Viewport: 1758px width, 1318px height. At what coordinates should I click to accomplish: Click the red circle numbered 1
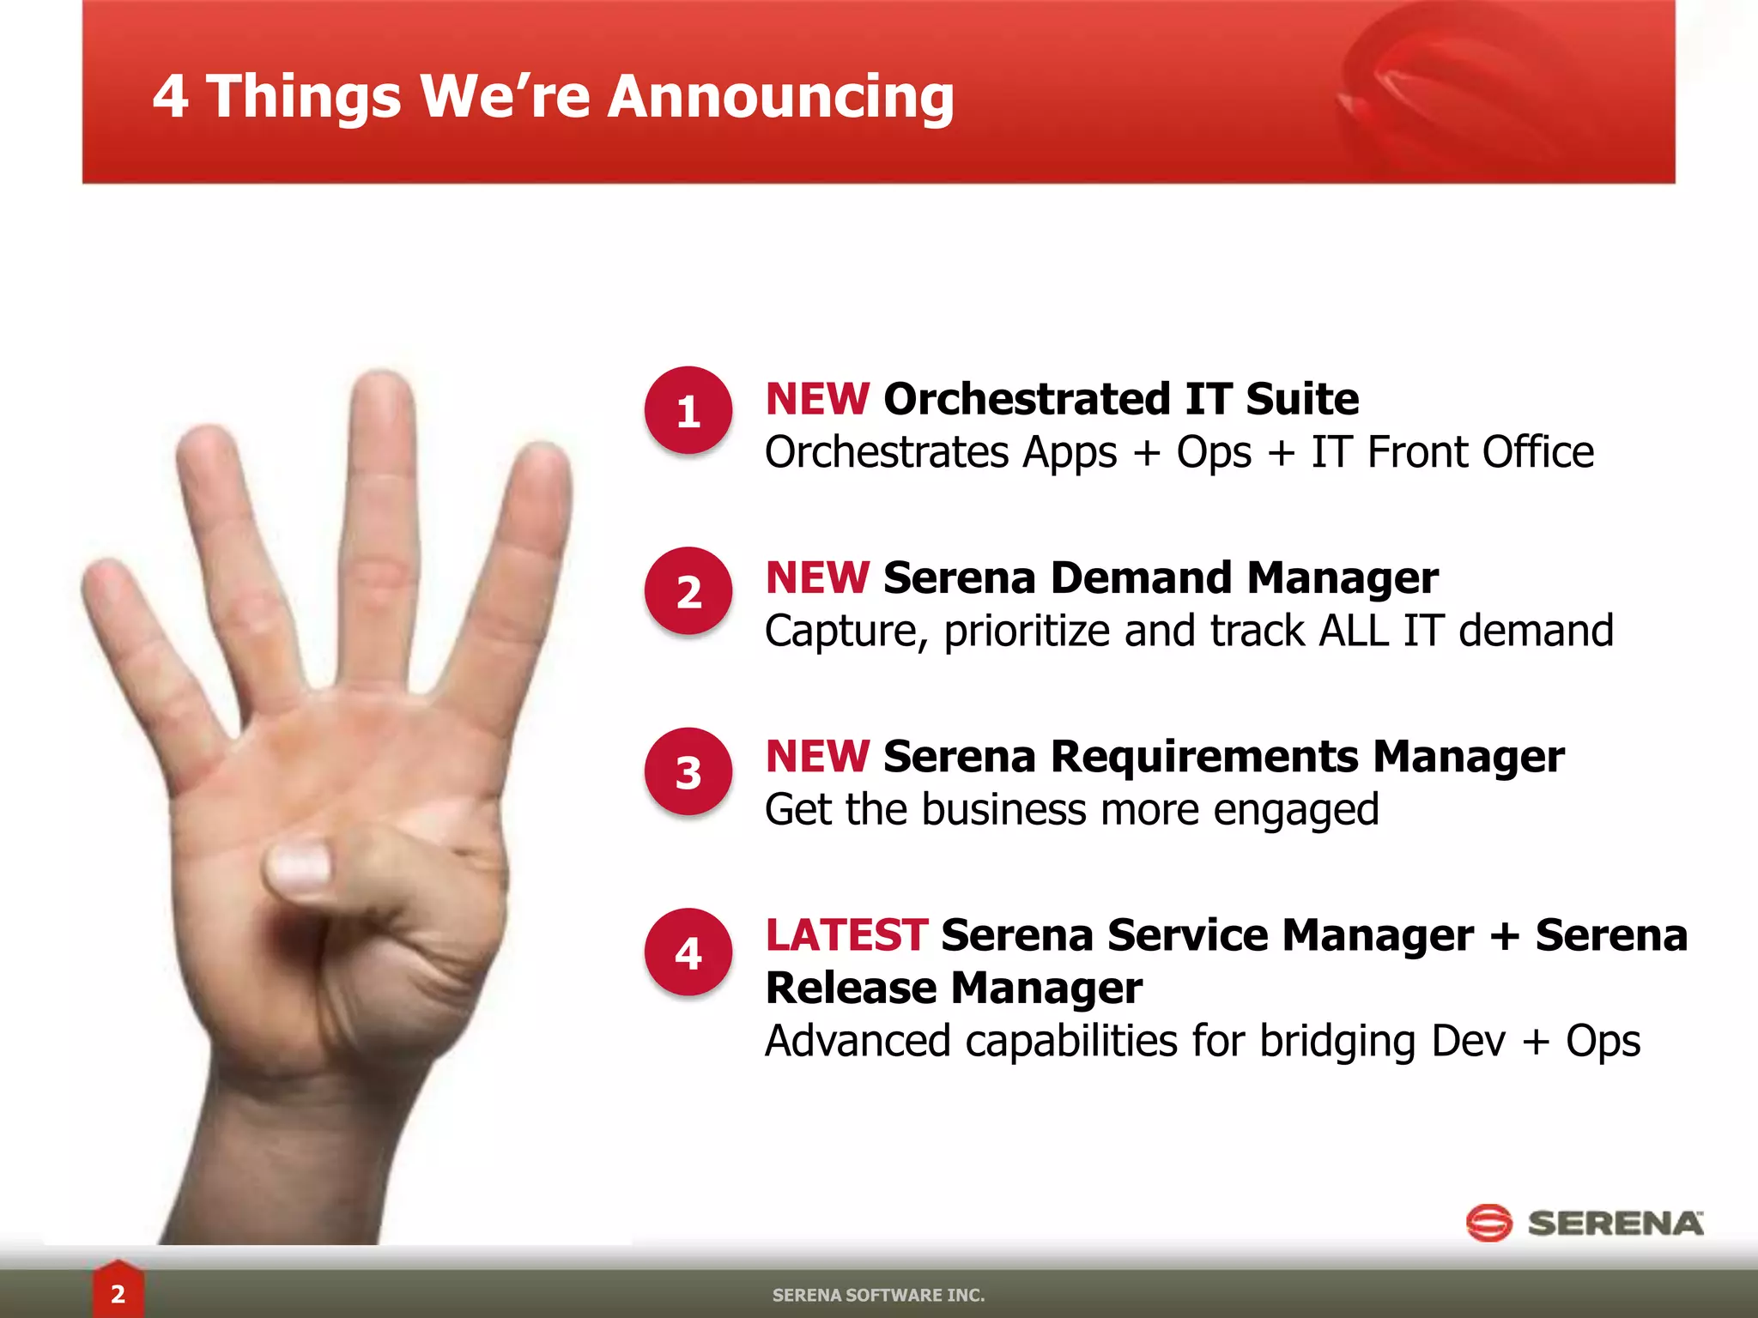pyautogui.click(x=688, y=411)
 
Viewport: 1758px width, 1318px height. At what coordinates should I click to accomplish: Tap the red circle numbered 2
pyautogui.click(x=688, y=591)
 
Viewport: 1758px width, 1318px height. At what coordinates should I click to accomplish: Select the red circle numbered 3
pyautogui.click(x=688, y=771)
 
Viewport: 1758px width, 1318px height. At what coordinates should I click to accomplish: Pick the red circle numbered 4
pyautogui.click(x=688, y=952)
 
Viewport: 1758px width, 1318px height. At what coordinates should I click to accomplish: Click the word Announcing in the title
pyautogui.click(x=780, y=96)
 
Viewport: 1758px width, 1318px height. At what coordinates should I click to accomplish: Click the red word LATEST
pyautogui.click(x=846, y=934)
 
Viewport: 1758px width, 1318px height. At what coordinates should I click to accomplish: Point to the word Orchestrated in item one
pyautogui.click(x=1027, y=399)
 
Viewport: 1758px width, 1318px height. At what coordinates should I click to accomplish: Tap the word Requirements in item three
pyautogui.click(x=1206, y=757)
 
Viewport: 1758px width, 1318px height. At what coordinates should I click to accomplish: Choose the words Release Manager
pyautogui.click(x=953, y=988)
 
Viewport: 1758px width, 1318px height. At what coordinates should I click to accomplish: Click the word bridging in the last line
pyautogui.click(x=1337, y=1042)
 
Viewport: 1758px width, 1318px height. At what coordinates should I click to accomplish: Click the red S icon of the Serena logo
pyautogui.click(x=1488, y=1223)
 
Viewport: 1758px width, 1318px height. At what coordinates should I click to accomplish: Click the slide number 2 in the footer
pyautogui.click(x=118, y=1293)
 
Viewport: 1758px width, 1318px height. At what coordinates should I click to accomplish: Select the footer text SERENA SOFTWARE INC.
pyautogui.click(x=878, y=1295)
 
